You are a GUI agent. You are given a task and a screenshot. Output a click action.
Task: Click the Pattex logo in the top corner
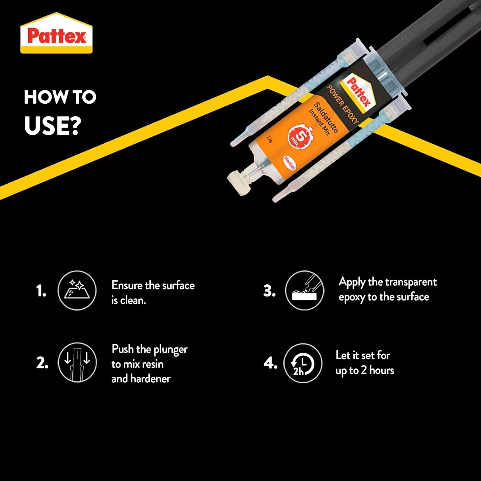56,33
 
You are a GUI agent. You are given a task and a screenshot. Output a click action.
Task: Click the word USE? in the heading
53,125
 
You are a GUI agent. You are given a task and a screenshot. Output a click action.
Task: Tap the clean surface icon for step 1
77,290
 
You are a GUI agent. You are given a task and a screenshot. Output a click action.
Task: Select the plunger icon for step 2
77,362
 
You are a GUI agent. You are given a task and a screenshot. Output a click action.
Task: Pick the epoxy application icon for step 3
304,290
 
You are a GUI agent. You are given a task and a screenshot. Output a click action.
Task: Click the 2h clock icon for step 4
303,363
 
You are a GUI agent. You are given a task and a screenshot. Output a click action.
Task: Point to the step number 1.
41,291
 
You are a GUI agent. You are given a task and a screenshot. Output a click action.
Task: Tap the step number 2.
42,363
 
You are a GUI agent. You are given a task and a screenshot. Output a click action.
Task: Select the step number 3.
269,291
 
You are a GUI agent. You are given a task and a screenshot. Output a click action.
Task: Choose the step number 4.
270,363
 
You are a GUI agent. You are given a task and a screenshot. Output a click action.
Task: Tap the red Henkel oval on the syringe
290,163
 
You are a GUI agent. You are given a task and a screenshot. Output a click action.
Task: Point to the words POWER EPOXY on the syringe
342,104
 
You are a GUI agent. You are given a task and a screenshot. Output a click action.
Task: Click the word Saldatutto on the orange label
326,117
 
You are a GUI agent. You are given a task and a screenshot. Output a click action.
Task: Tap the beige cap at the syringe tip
239,183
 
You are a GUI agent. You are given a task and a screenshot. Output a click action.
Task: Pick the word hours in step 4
382,370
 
